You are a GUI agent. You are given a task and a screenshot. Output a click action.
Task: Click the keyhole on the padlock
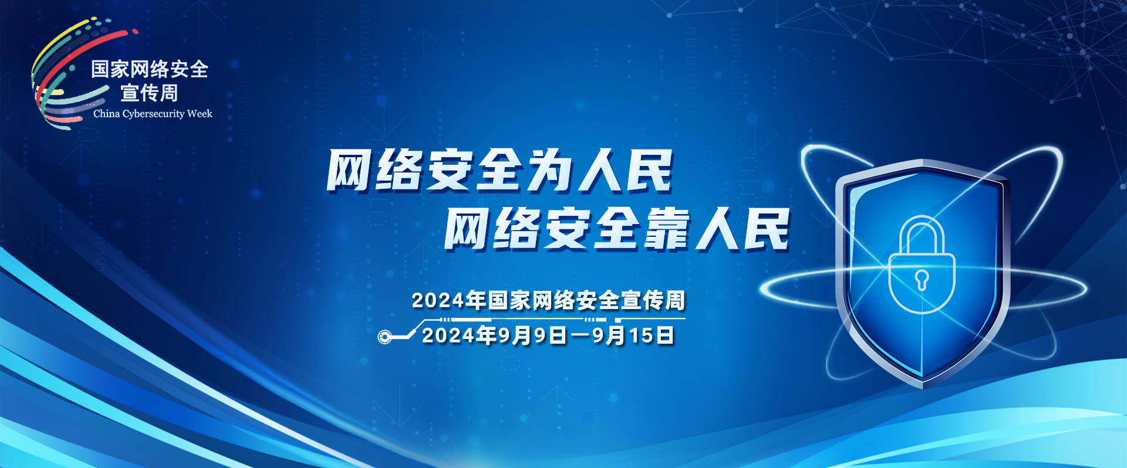point(922,279)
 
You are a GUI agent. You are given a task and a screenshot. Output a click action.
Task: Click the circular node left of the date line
point(384,337)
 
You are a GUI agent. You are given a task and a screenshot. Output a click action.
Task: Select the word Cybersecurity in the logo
point(153,114)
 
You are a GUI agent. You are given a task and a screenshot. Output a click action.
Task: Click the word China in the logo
point(106,114)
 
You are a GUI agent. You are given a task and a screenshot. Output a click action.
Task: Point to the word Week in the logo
point(200,114)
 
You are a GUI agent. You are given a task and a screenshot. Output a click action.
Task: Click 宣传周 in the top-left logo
point(149,93)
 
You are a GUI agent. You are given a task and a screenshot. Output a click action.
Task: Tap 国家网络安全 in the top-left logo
point(150,69)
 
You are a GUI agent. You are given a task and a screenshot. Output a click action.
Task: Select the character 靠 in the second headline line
point(667,229)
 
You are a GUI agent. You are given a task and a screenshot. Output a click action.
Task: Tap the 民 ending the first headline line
point(649,171)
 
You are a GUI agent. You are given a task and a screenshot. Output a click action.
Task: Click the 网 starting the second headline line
point(467,229)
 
